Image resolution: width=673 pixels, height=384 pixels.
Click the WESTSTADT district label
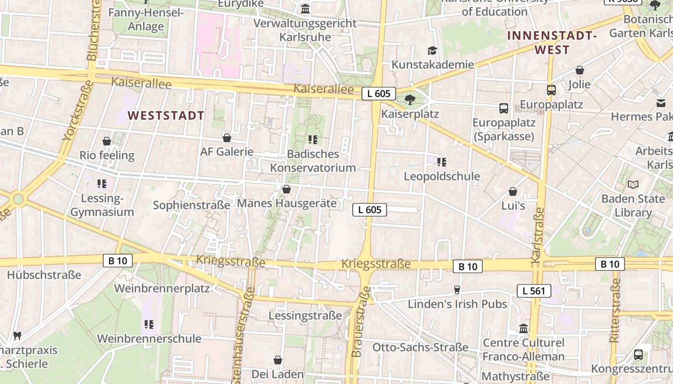[x=166, y=116]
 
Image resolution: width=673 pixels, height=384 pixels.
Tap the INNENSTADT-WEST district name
[x=552, y=43]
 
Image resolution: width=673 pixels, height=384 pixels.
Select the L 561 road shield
[x=534, y=290]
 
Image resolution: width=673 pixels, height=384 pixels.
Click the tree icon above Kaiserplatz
[x=410, y=100]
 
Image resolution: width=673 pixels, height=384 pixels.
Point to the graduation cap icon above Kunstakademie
[x=433, y=51]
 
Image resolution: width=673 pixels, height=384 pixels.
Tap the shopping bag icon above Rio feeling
[x=107, y=141]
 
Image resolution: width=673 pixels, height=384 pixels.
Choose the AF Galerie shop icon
[x=227, y=138]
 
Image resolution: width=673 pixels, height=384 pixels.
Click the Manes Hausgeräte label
[x=287, y=203]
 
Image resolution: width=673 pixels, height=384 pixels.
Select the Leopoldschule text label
[x=442, y=176]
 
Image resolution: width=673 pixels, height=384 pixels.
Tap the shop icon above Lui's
[x=513, y=192]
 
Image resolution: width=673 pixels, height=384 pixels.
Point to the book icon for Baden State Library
[x=633, y=184]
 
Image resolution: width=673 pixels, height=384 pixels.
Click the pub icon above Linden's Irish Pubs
[x=457, y=290]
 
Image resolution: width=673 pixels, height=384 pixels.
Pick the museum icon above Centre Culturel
[x=523, y=329]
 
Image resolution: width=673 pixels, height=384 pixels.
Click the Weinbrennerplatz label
[x=162, y=288]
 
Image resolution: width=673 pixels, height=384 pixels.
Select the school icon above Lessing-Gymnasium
[x=101, y=184]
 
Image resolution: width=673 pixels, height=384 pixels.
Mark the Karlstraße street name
[x=537, y=235]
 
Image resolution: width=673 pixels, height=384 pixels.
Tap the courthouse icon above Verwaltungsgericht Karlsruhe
[x=305, y=9]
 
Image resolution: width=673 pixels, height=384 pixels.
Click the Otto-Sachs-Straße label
[x=420, y=347]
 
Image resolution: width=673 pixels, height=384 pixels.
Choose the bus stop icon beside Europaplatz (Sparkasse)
[x=503, y=108]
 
